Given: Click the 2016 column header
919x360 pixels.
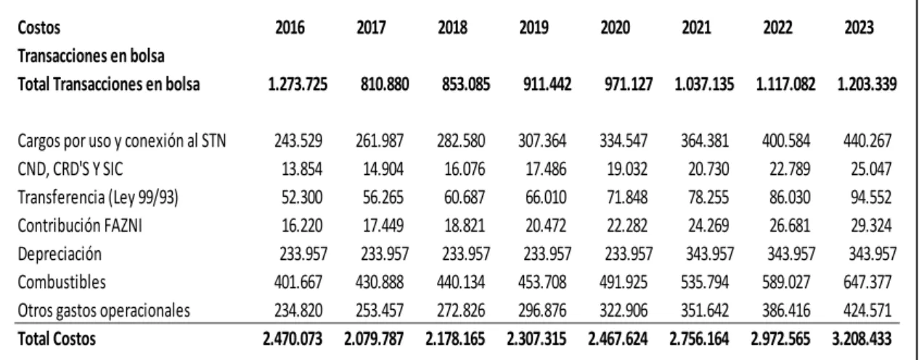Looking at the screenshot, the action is click(x=290, y=28).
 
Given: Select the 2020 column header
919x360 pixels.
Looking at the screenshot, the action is click(x=616, y=28).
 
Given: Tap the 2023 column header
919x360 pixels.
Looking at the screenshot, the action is click(x=859, y=28).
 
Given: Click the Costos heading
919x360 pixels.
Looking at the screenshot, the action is click(x=39, y=28).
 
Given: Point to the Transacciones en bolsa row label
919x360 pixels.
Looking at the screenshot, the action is click(x=91, y=56).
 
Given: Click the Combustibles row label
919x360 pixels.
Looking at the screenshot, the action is click(x=62, y=282).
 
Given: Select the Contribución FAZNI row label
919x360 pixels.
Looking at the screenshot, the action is click(x=80, y=226).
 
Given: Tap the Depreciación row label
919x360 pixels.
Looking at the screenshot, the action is click(x=60, y=254).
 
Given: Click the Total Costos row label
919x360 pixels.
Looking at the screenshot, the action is click(x=57, y=339).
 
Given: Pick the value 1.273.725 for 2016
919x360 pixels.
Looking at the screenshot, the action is click(x=298, y=84).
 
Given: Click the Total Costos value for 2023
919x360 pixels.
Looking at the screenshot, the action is click(x=862, y=339).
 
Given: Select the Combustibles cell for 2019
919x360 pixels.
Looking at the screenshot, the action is click(x=542, y=282).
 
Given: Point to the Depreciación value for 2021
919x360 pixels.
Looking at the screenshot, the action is click(x=710, y=254).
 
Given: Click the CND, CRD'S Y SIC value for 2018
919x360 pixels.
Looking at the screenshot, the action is click(x=465, y=169).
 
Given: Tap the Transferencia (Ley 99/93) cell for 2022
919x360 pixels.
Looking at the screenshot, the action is click(x=791, y=197).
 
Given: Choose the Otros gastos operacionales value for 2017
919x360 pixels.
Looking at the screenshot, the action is click(x=380, y=311).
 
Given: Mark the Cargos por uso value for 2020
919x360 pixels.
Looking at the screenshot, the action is click(x=624, y=141).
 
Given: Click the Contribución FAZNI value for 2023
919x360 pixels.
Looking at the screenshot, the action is click(x=871, y=226).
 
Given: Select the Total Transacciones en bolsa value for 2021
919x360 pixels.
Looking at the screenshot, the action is click(x=704, y=84).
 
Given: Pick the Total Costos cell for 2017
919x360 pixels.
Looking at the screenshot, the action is click(x=374, y=339).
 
